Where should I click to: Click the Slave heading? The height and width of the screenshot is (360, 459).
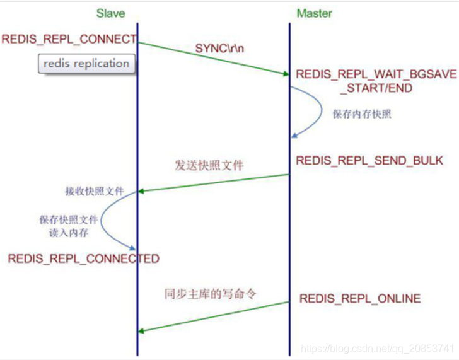click(x=110, y=13)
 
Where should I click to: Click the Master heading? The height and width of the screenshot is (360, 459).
click(x=314, y=13)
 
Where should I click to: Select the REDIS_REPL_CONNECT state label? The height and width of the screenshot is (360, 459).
click(x=69, y=39)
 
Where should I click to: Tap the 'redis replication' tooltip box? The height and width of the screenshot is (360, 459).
click(x=87, y=64)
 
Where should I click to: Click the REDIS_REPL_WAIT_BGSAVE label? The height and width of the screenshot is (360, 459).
click(x=376, y=74)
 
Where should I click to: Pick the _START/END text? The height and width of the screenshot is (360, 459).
click(x=376, y=88)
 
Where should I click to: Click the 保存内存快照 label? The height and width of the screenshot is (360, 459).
click(x=362, y=114)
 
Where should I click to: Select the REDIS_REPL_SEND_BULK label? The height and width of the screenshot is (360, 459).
click(x=369, y=160)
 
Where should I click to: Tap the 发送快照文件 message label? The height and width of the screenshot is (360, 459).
click(x=209, y=166)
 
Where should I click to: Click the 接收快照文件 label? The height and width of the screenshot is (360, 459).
click(x=95, y=191)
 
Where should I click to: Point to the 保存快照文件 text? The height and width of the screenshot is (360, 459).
click(x=69, y=220)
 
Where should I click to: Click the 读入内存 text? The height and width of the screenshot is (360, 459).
click(x=69, y=233)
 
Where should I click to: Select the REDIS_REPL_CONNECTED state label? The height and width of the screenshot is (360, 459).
click(x=83, y=258)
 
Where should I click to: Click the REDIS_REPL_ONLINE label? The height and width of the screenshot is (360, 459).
click(x=359, y=298)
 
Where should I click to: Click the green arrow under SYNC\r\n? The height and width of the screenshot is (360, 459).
click(x=214, y=59)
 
